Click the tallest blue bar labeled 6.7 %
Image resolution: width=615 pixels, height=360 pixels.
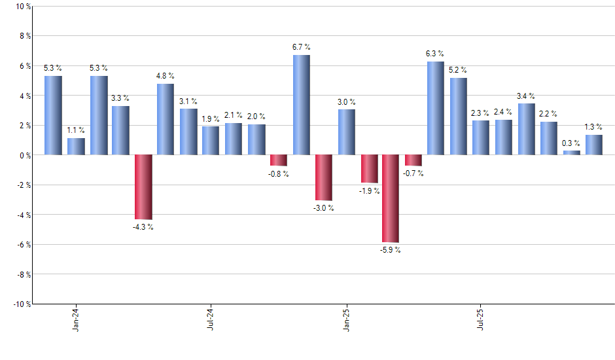point(301,105)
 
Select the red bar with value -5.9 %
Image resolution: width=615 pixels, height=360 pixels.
point(391,198)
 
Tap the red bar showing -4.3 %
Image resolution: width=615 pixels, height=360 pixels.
point(143,187)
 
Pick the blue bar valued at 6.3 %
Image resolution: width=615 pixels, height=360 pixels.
point(436,108)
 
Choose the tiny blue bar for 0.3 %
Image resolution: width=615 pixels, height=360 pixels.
point(571,153)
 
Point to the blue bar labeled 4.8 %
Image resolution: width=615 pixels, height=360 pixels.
point(166,119)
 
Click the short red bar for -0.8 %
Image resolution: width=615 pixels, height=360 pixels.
point(279,160)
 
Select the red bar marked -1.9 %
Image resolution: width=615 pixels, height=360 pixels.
point(369,169)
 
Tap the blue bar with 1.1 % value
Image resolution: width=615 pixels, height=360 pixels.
point(76,147)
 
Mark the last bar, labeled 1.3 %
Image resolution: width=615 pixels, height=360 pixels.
point(594,145)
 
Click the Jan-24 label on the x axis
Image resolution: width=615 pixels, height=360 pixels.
point(77,319)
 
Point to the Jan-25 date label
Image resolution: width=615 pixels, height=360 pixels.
point(346,319)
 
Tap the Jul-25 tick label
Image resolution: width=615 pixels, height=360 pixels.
point(481,319)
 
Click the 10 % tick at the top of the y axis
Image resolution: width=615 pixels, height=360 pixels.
point(22,7)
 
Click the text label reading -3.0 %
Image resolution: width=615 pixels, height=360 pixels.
point(323,208)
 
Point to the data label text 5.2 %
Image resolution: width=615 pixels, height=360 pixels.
point(458,70)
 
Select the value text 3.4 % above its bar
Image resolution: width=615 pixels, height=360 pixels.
point(526,96)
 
